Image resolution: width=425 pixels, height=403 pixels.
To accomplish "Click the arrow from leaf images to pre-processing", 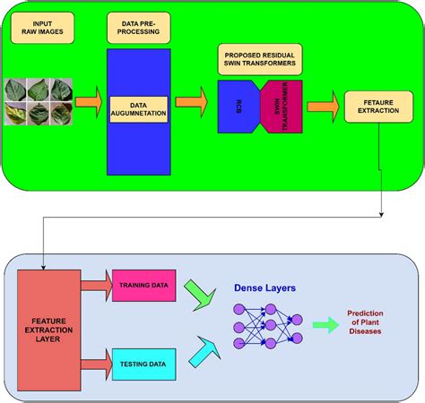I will [88, 104].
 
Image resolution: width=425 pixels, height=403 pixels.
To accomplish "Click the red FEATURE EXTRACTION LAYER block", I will [48, 324].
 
